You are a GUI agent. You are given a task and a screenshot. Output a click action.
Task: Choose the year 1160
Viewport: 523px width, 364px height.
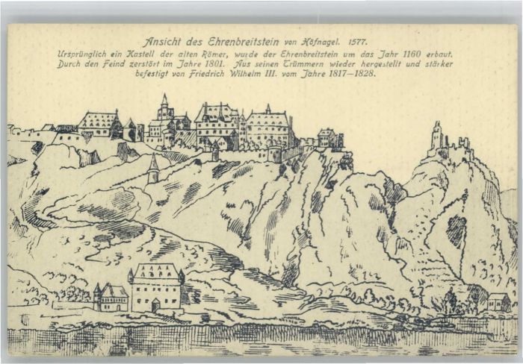click(426, 55)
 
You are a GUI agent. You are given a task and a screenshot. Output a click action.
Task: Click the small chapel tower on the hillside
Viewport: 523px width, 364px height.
click(152, 170)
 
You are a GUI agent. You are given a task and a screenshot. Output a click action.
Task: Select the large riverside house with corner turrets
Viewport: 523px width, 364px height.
click(156, 287)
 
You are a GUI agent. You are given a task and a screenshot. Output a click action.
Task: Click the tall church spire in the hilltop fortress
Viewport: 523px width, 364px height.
click(164, 108)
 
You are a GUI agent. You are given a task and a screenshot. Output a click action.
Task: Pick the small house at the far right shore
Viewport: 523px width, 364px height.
click(498, 301)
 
